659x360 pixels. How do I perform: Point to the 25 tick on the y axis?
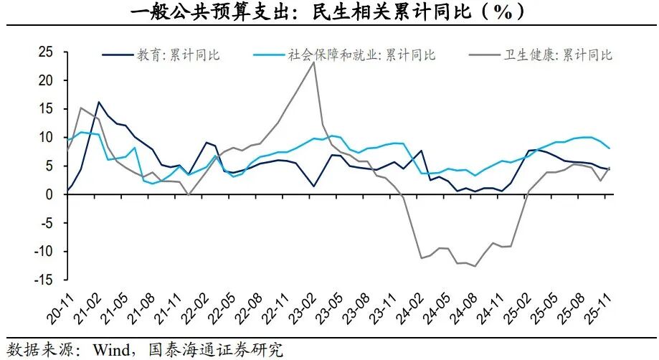coord(45,52)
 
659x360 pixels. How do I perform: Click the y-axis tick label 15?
coord(45,109)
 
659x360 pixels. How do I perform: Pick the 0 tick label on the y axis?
coord(49,194)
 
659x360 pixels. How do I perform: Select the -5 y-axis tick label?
coord(45,223)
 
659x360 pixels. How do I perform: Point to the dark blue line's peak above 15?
coord(98,102)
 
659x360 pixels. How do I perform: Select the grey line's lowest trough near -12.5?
coord(474,266)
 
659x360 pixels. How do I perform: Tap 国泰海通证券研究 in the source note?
coord(215,350)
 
